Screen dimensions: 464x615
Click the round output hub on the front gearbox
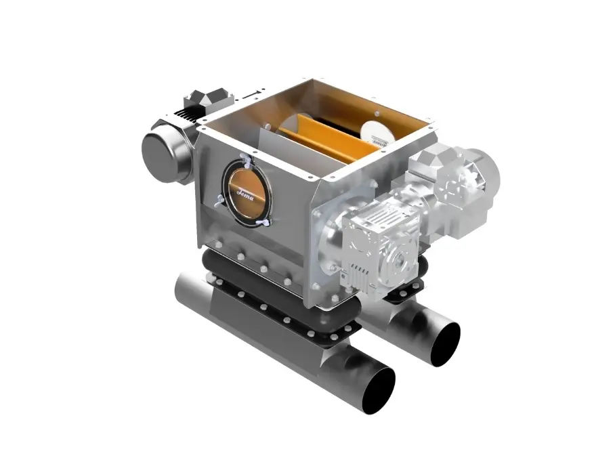click(x=398, y=259)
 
